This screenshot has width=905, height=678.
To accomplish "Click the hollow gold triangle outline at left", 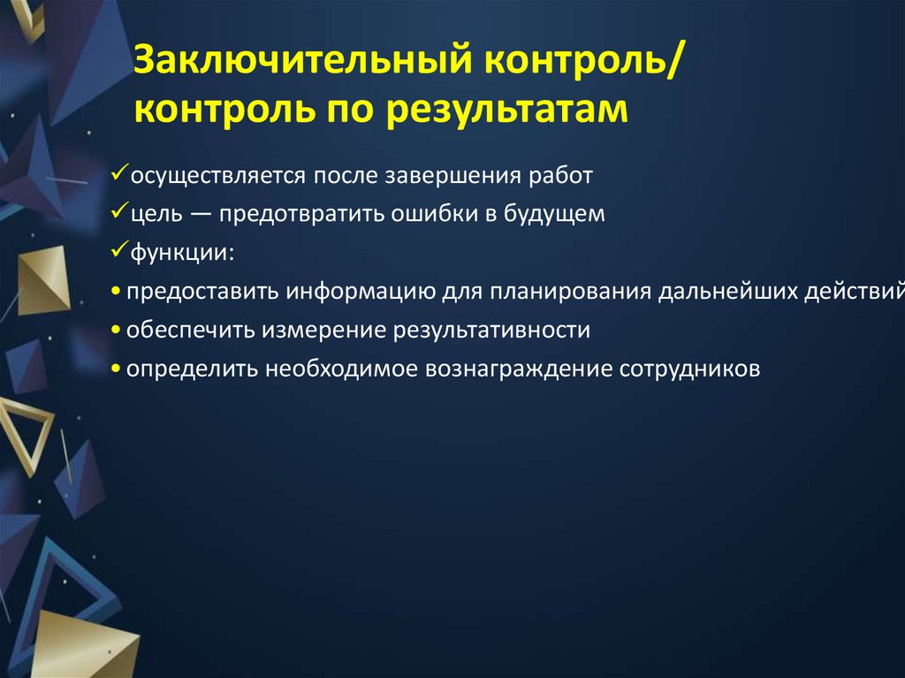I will click(27, 430).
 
